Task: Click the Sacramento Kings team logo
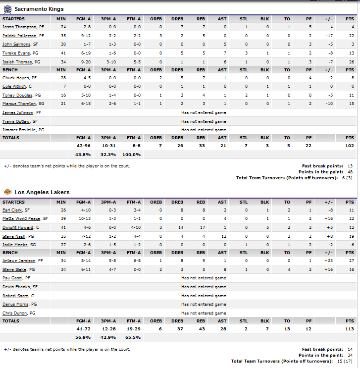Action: click(x=7, y=9)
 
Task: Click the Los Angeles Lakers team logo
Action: click(x=7, y=192)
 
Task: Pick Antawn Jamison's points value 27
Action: click(x=351, y=261)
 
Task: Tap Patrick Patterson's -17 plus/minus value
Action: click(x=329, y=36)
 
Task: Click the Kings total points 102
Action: click(x=350, y=146)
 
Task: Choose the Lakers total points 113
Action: click(x=350, y=329)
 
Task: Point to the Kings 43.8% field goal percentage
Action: click(x=83, y=155)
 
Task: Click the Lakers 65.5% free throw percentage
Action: click(x=133, y=338)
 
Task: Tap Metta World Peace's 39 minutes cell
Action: click(x=61, y=218)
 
